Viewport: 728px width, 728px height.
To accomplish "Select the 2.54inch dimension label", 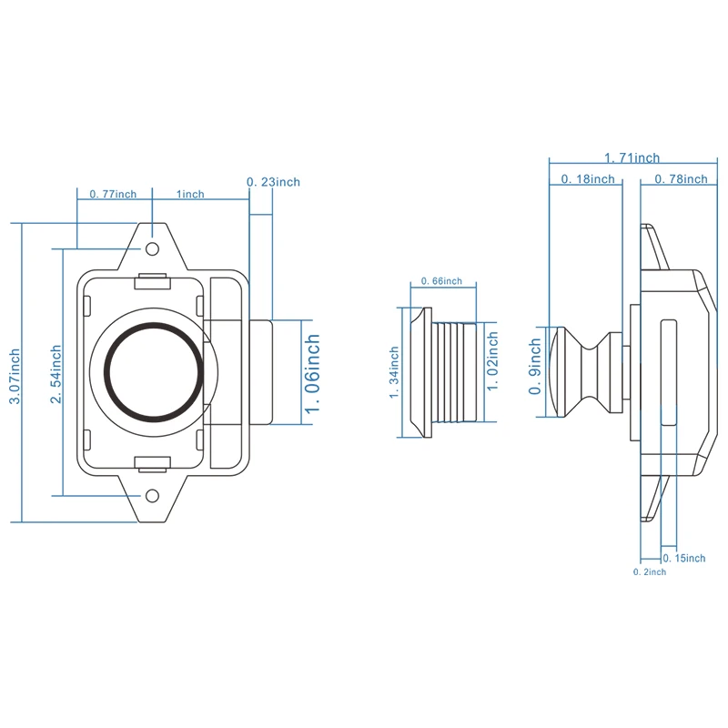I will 56,376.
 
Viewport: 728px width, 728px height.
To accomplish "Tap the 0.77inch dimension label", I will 113,194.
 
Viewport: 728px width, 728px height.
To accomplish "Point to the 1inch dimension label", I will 190,194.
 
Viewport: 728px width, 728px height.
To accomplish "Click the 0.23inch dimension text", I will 273,182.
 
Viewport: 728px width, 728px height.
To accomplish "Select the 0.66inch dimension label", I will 441,281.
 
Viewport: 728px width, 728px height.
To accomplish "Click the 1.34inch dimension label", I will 395,374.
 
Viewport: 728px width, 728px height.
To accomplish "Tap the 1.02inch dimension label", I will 492,361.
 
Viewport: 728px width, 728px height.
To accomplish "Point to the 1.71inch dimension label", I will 632,158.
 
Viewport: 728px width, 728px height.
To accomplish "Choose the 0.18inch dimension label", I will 587,179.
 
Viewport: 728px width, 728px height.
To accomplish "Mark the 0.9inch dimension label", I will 537,369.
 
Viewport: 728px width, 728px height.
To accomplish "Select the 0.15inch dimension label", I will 684,558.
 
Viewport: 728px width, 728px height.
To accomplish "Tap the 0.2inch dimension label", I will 650,571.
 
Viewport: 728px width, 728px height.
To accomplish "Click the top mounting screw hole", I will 153,248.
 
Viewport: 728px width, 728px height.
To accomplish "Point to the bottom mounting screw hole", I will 153,495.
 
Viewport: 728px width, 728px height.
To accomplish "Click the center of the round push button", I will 153,371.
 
